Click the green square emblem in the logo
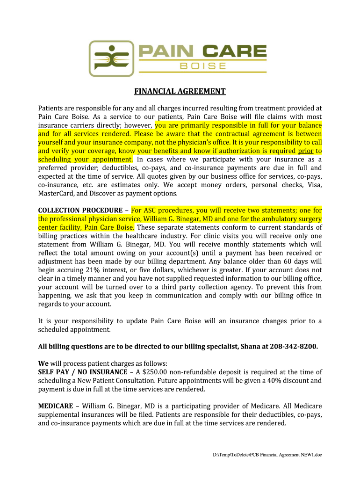pos(108,58)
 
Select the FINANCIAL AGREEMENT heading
pos(180,91)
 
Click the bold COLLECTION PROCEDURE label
pos(81,210)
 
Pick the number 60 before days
pos(291,261)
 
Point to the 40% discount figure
pos(272,380)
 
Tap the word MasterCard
pos(56,193)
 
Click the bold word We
pos(43,363)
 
